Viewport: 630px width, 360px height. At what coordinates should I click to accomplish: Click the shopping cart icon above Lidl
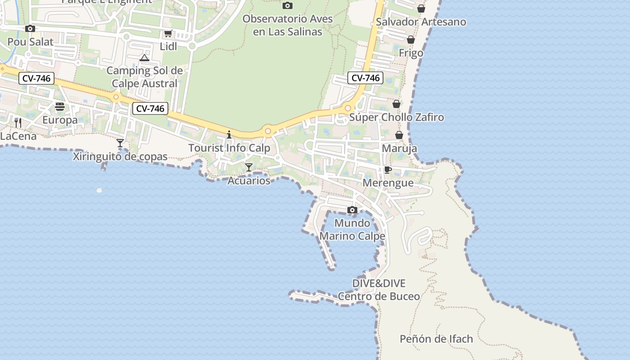[168, 33]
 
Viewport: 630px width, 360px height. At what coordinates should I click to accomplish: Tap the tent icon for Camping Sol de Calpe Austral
[144, 58]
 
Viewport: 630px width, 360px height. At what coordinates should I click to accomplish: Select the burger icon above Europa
[60, 107]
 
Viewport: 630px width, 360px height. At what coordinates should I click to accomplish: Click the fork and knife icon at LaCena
[18, 122]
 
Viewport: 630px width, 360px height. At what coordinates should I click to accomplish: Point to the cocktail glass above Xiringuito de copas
[120, 143]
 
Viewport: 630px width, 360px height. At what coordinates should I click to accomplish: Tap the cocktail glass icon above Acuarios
[248, 167]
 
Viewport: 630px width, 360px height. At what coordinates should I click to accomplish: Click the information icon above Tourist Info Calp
[229, 135]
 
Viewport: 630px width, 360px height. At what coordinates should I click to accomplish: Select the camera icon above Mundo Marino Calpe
[352, 210]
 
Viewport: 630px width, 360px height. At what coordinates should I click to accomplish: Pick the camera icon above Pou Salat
[30, 28]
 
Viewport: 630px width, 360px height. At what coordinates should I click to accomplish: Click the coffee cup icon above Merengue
[387, 170]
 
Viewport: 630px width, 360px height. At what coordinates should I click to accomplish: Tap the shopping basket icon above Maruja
[399, 135]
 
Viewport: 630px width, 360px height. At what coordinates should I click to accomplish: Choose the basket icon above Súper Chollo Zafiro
[396, 104]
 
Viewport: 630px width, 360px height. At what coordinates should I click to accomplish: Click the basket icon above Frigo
[411, 40]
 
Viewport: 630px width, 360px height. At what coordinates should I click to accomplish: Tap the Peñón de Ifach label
[436, 339]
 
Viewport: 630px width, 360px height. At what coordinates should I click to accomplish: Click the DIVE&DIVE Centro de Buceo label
[378, 290]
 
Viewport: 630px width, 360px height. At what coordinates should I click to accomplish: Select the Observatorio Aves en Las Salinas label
[288, 25]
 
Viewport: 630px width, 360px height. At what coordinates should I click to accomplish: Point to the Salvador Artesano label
[421, 22]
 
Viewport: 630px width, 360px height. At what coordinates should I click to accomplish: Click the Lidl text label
[168, 46]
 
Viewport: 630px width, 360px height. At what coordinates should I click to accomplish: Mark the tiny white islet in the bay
[99, 190]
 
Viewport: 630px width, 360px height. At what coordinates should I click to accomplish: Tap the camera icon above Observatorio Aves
[287, 5]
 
